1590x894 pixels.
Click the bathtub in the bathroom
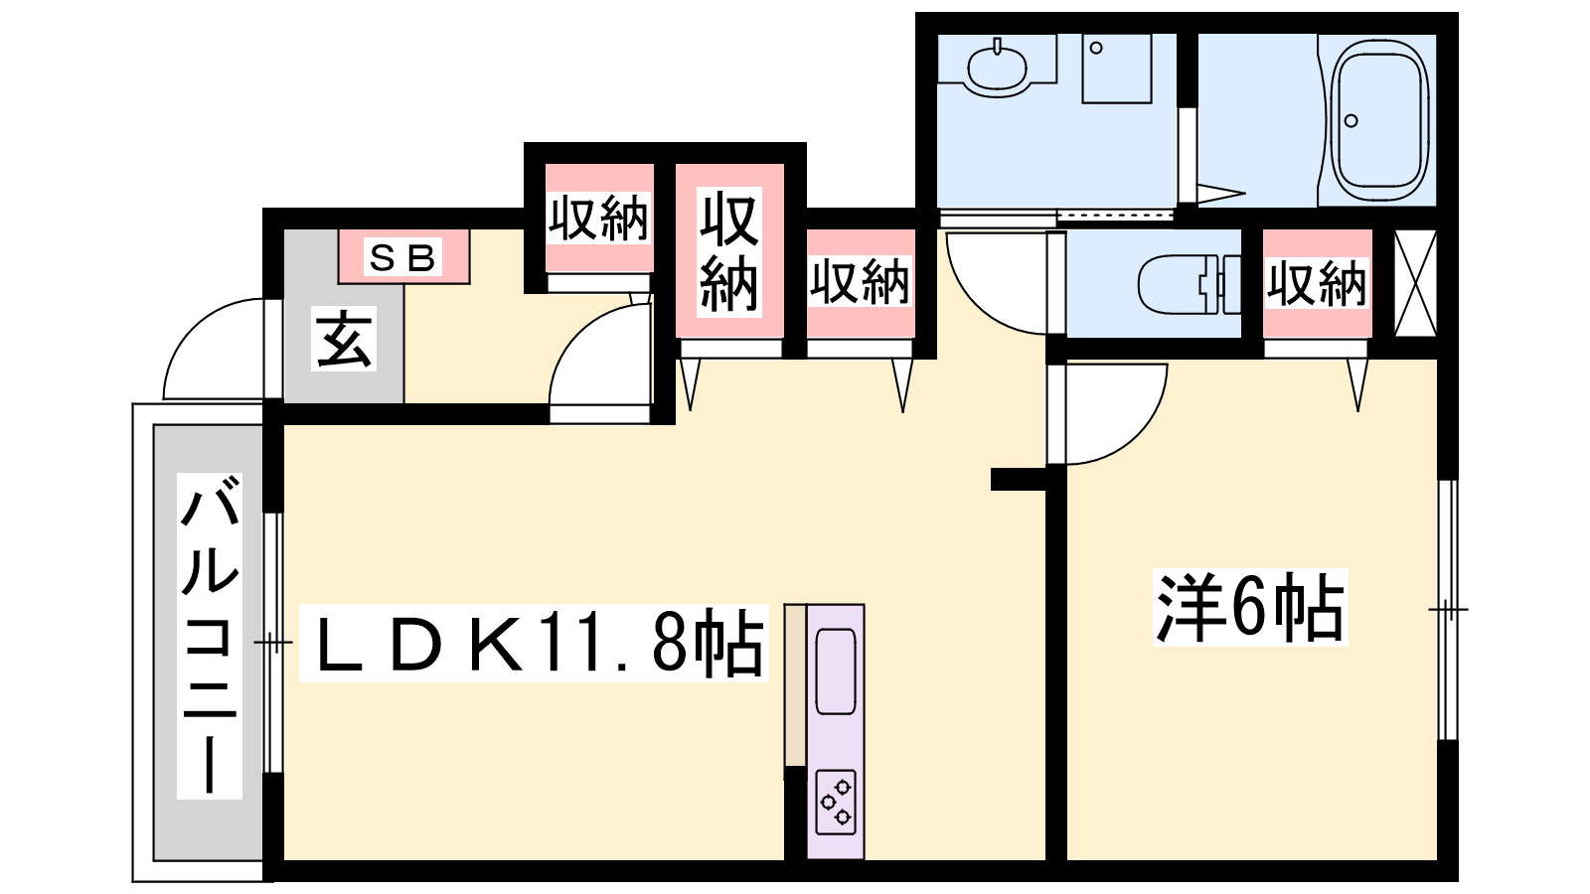1379,120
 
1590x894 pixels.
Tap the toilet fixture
1190,284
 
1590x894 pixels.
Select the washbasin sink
997,69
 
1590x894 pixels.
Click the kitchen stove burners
836,802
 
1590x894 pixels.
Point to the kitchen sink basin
836,671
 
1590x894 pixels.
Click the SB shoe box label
402,257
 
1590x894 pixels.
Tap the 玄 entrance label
344,339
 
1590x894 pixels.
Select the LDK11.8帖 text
534,643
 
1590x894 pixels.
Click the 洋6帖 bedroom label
1250,607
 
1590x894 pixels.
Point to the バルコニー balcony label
210,636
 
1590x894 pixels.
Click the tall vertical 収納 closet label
729,252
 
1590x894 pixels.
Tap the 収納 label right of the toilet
1317,284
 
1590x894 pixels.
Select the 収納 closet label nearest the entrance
598,218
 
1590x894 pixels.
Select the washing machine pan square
1117,69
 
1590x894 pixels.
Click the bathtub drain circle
1351,120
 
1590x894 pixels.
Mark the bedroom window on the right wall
1447,610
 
